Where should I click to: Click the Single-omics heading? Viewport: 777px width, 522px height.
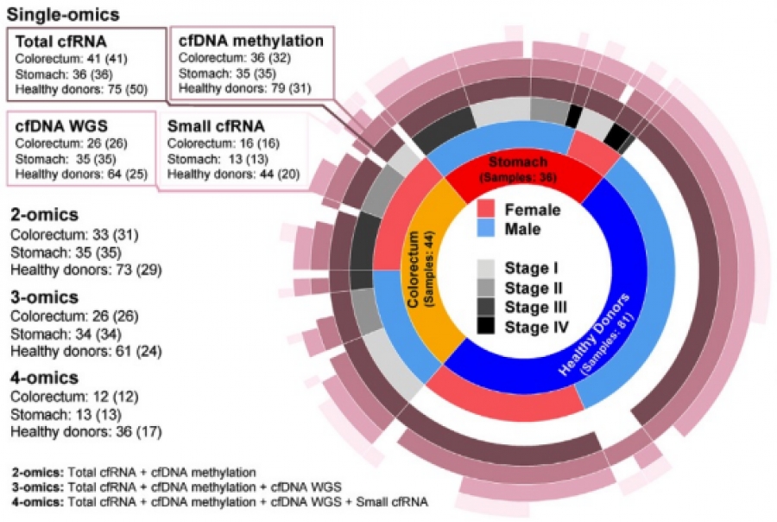[x=63, y=15]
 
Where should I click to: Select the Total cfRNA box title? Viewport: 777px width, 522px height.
[x=61, y=41]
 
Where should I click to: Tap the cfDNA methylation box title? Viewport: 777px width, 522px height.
[x=250, y=41]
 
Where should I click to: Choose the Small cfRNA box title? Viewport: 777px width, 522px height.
[x=216, y=126]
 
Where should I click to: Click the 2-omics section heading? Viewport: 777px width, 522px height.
[x=45, y=215]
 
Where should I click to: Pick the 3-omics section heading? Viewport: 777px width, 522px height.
[x=45, y=297]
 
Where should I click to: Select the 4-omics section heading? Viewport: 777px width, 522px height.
[x=45, y=378]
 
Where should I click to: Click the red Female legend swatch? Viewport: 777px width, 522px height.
[x=485, y=209]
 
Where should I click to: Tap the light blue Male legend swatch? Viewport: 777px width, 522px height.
[x=485, y=229]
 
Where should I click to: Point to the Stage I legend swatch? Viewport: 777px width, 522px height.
[x=485, y=268]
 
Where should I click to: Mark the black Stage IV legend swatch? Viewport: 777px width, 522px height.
[x=485, y=327]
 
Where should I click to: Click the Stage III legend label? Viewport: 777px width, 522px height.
[x=535, y=308]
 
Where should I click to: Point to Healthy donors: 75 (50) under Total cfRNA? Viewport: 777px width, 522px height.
[x=81, y=90]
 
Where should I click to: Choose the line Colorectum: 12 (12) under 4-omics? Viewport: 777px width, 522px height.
[x=74, y=397]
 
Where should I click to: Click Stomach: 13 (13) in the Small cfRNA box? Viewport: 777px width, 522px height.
[x=218, y=159]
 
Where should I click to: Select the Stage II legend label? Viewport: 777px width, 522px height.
[x=534, y=289]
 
